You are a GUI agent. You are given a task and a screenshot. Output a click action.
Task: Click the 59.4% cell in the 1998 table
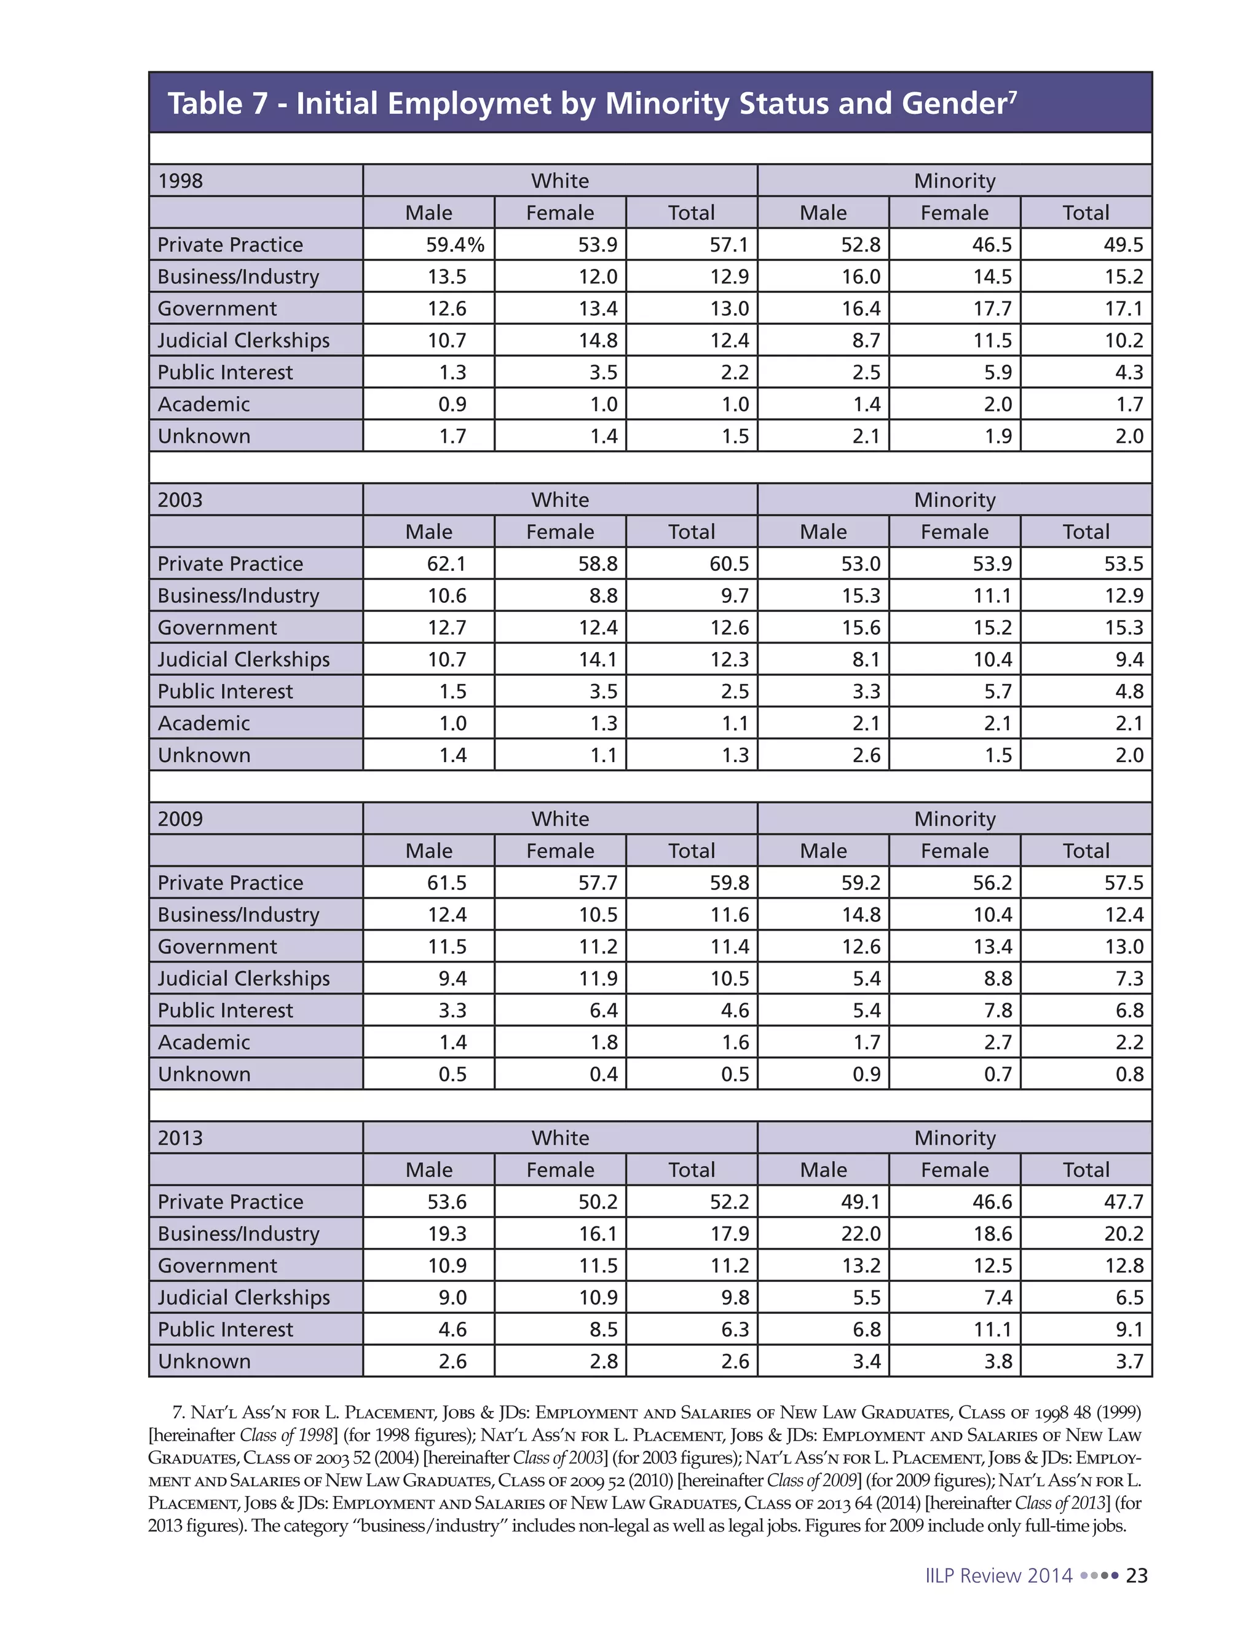pyautogui.click(x=455, y=245)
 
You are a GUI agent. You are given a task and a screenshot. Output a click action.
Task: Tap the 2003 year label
pyautogui.click(x=181, y=499)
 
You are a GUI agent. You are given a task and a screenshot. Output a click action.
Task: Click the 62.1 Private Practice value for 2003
pyautogui.click(x=447, y=563)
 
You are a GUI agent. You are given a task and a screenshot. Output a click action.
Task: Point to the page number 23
pyautogui.click(x=1136, y=1575)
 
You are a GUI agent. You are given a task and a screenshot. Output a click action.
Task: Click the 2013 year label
pyautogui.click(x=181, y=1137)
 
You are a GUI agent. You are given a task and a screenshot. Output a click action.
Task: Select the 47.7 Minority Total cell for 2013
pyautogui.click(x=1123, y=1202)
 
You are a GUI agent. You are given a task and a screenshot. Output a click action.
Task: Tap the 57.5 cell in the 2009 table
pyautogui.click(x=1123, y=883)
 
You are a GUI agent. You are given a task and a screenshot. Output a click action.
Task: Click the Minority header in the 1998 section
pyautogui.click(x=955, y=181)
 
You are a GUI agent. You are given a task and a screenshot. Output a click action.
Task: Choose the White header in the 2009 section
pyautogui.click(x=560, y=819)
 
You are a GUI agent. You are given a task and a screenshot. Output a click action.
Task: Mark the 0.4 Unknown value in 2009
pyautogui.click(x=604, y=1074)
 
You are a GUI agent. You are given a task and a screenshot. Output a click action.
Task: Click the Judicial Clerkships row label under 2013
pyautogui.click(x=243, y=1297)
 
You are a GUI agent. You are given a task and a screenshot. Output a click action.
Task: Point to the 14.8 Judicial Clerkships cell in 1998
pyautogui.click(x=598, y=340)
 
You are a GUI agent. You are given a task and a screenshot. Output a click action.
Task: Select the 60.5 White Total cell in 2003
pyautogui.click(x=728, y=563)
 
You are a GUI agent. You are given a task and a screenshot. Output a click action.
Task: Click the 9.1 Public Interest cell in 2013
pyautogui.click(x=1129, y=1329)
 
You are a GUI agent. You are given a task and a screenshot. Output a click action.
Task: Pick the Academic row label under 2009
pyautogui.click(x=203, y=1042)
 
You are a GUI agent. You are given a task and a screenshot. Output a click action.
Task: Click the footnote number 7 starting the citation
pyautogui.click(x=178, y=1413)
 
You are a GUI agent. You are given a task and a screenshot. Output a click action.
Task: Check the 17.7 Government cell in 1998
pyautogui.click(x=992, y=308)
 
